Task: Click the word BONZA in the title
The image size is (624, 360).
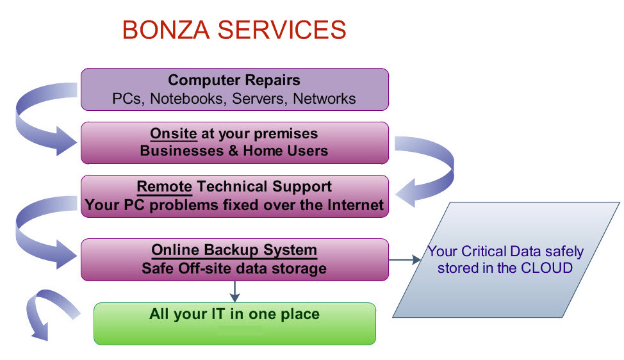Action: tap(166, 30)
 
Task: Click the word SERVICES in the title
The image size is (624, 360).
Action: tap(282, 30)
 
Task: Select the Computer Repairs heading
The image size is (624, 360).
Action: tap(234, 80)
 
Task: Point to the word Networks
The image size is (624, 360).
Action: tap(324, 99)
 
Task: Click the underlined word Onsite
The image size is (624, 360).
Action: tap(174, 134)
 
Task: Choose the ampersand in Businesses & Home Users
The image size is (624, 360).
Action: tap(233, 151)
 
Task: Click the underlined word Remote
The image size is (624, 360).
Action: tap(165, 186)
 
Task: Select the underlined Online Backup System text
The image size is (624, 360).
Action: tap(234, 250)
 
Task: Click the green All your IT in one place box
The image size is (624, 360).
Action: tap(234, 323)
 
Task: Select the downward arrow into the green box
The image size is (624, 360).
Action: tap(234, 291)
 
